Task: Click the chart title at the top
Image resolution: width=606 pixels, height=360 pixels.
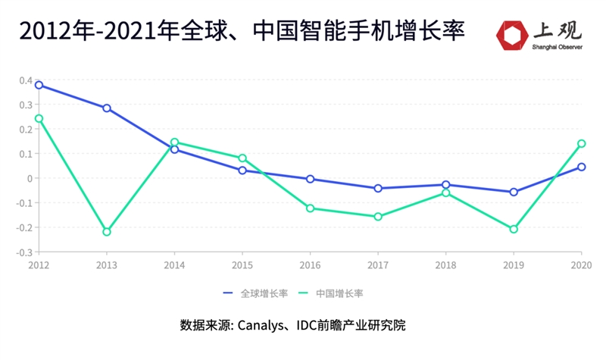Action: (242, 31)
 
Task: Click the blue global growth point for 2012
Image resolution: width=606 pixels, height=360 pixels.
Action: (39, 85)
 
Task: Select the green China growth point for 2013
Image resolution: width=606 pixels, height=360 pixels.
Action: (107, 232)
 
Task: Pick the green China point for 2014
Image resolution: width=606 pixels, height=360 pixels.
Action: (174, 142)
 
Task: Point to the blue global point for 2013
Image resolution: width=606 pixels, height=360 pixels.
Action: (107, 108)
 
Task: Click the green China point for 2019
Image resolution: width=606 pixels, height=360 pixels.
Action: (514, 229)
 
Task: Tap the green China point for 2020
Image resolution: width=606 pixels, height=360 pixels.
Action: (582, 143)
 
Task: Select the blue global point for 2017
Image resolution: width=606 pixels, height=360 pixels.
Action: (378, 188)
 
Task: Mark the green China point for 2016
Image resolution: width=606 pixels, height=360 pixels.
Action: (310, 208)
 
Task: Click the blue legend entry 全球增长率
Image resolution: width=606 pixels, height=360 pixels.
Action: (254, 293)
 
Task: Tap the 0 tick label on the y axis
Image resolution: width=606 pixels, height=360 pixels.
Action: (29, 178)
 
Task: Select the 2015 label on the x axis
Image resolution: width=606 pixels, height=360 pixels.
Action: (242, 265)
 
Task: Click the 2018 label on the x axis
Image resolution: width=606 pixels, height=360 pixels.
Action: (445, 265)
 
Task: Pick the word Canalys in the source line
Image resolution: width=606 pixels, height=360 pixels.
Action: (261, 325)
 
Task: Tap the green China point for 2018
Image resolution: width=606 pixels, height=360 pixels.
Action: (445, 193)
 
